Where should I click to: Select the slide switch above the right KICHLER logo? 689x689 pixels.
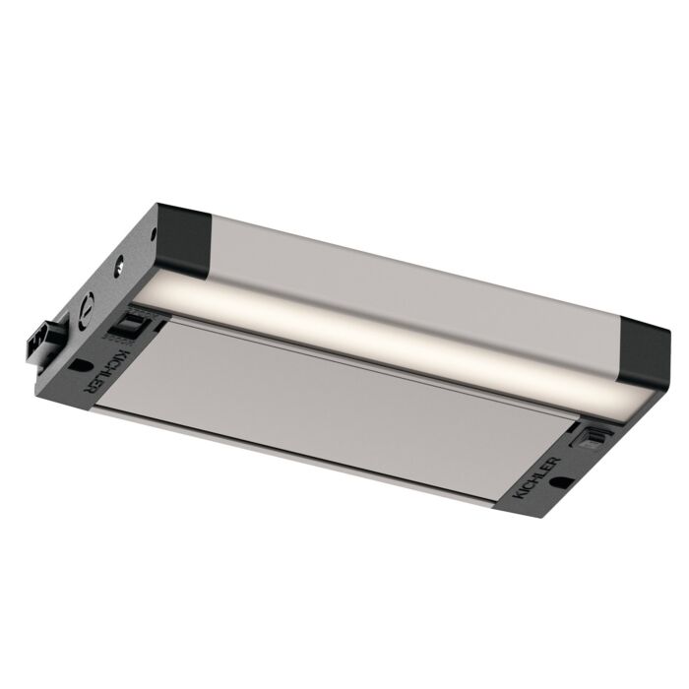tap(595, 435)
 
